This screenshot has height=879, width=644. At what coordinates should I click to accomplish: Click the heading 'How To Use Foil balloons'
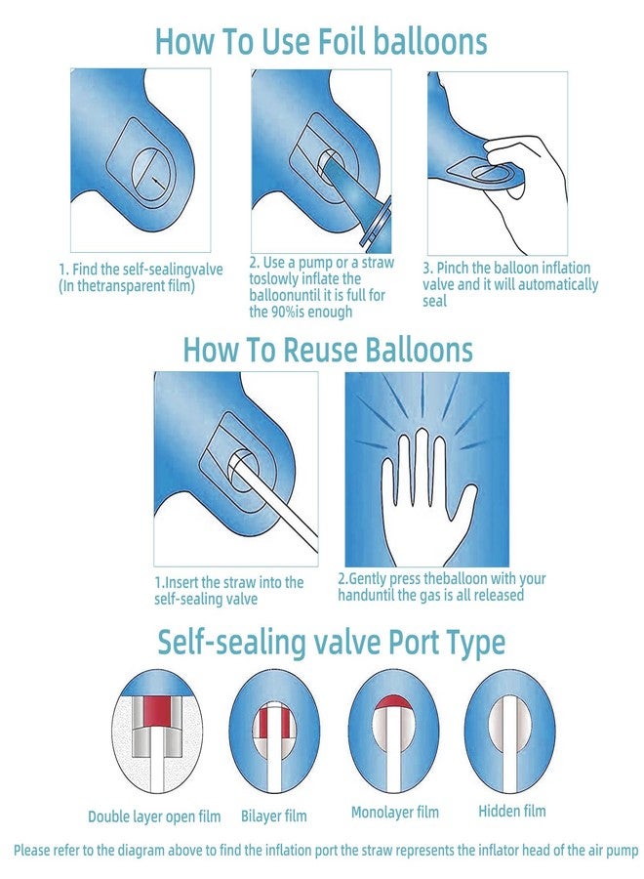coord(321,41)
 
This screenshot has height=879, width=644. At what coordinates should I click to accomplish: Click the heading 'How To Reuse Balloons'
coord(328,350)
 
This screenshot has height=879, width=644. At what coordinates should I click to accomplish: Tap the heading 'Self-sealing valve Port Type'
coord(331,643)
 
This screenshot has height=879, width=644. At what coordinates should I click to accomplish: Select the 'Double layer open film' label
coord(154,816)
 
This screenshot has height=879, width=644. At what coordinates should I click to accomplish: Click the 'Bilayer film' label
coord(274,816)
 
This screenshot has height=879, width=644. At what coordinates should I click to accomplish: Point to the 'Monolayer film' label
coord(395,812)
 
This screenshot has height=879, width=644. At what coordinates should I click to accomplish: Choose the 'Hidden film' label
coord(512,811)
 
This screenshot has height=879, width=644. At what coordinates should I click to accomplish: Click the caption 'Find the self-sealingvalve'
coord(147,270)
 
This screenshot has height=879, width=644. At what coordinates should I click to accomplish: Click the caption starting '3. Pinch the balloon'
coord(510,284)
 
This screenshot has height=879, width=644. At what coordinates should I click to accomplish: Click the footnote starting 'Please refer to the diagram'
coord(326,851)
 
